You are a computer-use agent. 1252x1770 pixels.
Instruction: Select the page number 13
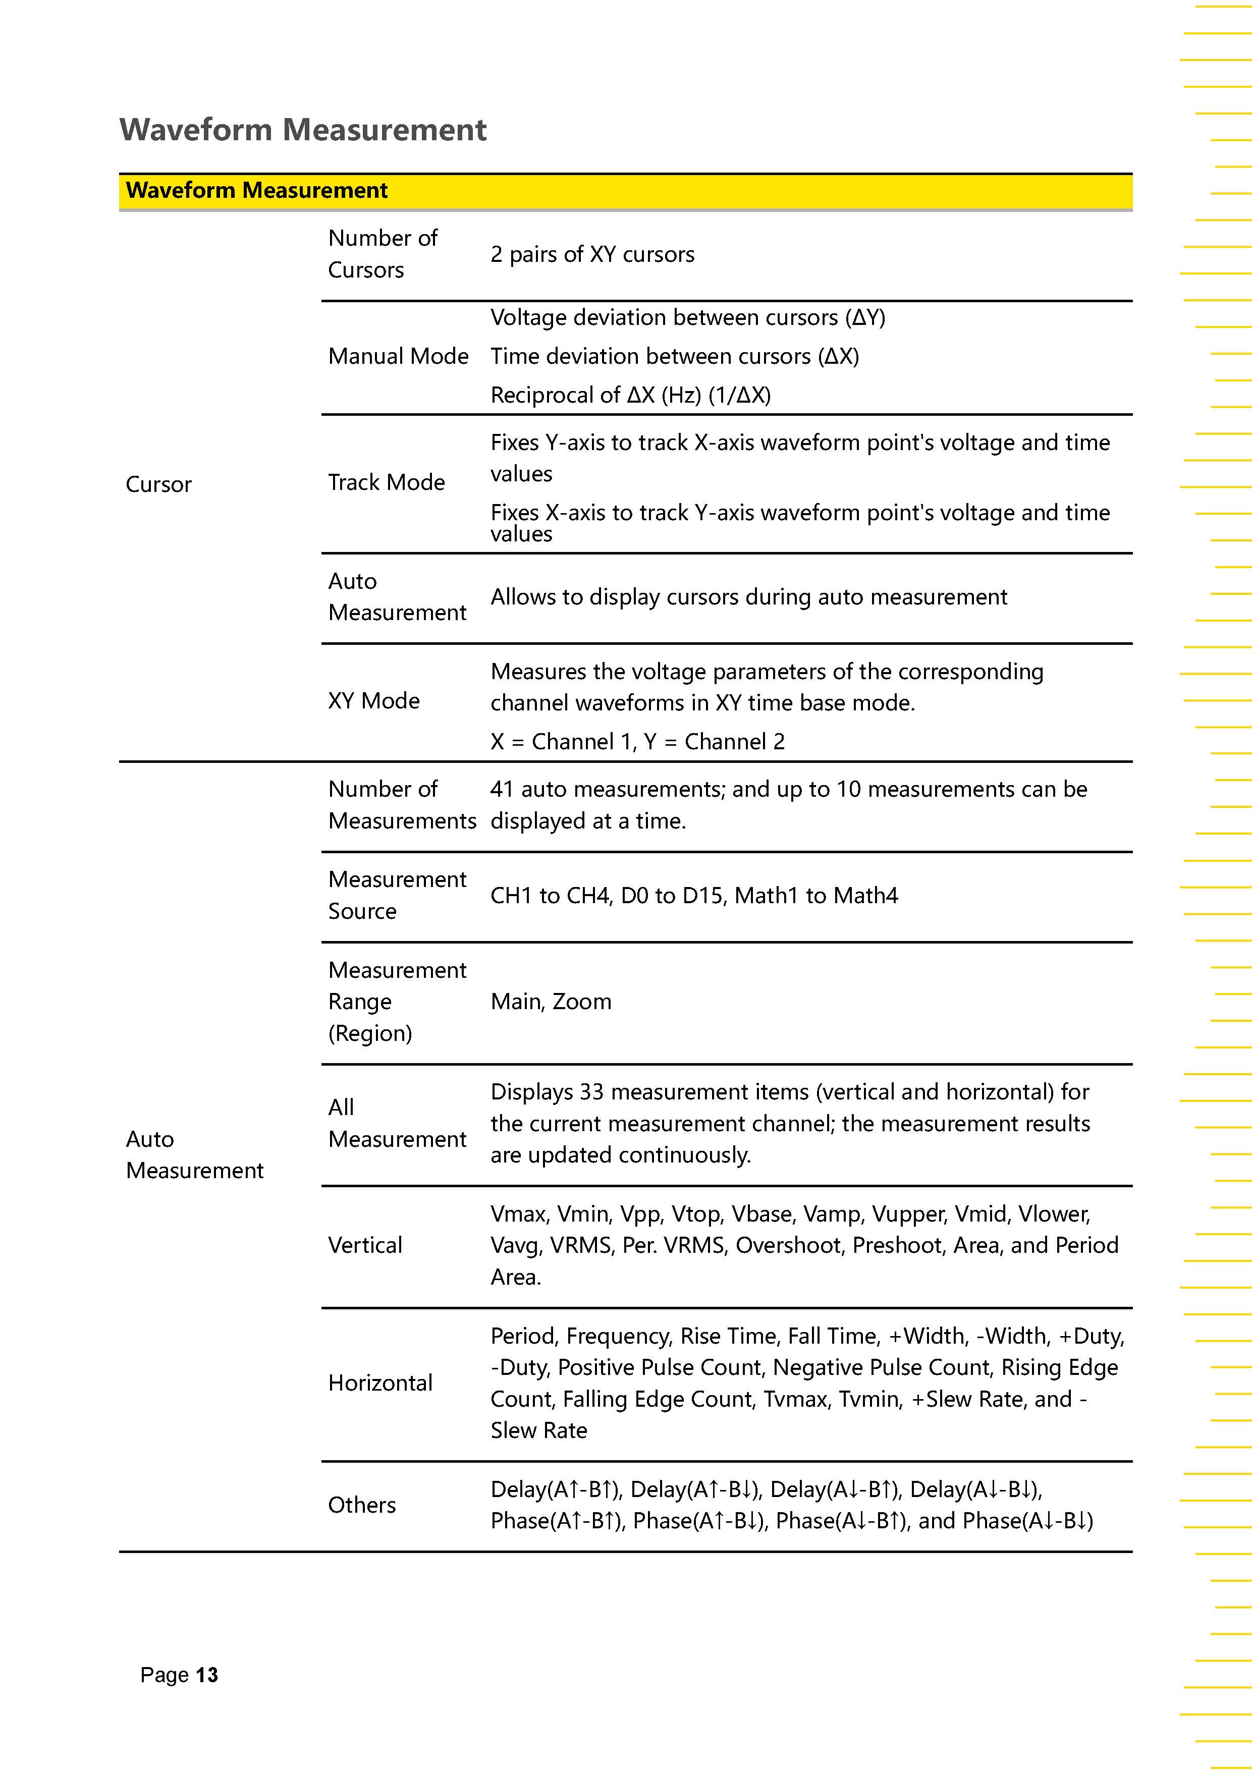coord(206,1675)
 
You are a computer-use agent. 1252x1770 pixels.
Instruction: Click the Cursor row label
coord(158,484)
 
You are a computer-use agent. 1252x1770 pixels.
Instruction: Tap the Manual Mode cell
coord(398,356)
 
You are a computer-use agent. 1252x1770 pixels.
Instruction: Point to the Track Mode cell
coord(386,482)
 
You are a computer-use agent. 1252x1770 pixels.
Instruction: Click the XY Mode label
coord(374,701)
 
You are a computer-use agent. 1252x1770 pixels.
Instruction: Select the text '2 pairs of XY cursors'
coord(592,254)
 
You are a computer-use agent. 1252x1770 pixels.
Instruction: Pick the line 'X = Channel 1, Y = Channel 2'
coord(637,742)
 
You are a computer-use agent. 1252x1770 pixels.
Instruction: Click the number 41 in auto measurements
coord(501,790)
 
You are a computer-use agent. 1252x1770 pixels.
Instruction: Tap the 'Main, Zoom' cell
coord(551,1002)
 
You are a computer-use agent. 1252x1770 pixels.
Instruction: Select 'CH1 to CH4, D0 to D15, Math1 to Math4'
coord(694,896)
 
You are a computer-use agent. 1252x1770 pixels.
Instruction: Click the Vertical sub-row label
coord(365,1245)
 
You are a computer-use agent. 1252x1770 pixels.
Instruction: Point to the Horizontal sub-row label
coord(380,1383)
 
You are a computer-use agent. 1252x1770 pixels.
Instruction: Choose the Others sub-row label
coord(361,1505)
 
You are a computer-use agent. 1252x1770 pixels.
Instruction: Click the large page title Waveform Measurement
coord(303,130)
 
